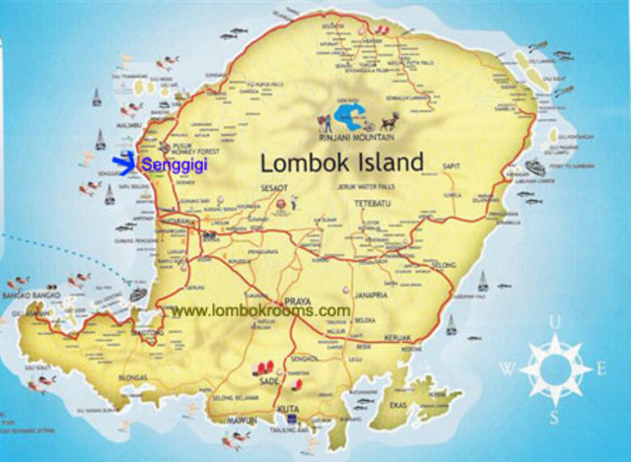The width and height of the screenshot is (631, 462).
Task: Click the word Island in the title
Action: pos(387,163)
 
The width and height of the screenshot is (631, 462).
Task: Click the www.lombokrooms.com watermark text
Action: pos(260,310)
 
